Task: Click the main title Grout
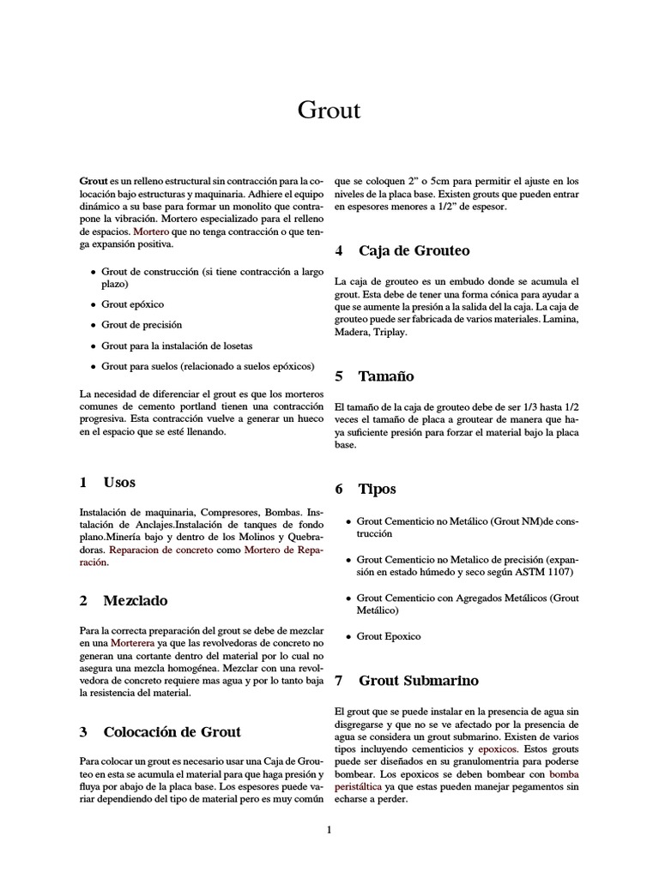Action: (329, 111)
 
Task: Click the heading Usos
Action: (119, 482)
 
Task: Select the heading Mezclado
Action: (135, 600)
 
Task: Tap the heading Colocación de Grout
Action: (172, 731)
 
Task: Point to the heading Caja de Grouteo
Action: (414, 250)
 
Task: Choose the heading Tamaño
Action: (386, 376)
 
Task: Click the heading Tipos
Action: (378, 489)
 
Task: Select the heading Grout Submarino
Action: (418, 681)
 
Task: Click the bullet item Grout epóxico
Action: (133, 304)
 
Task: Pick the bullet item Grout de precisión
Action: (142, 325)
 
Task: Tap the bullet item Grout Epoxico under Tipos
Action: (389, 636)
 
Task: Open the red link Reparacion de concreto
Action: (161, 549)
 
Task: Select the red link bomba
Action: (564, 773)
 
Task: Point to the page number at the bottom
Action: (329, 829)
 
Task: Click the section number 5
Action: (339, 376)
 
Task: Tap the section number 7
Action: (339, 681)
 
